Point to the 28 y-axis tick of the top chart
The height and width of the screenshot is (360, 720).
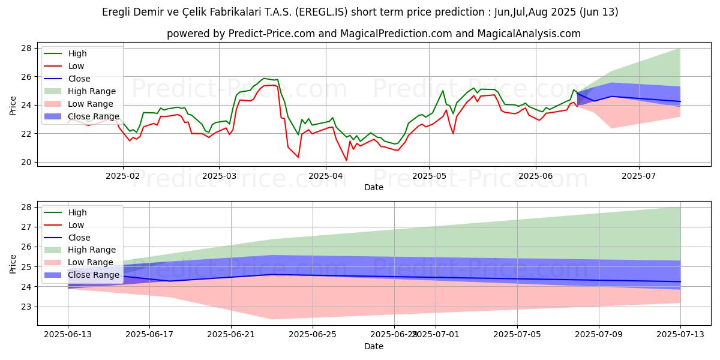coord(26,48)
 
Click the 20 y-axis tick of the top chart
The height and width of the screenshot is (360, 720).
coord(26,162)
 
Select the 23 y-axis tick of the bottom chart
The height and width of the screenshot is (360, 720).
coord(26,307)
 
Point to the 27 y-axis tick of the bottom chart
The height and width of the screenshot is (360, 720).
coord(26,227)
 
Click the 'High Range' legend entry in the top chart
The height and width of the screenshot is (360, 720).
coord(92,91)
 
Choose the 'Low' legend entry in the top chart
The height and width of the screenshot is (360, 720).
coord(76,66)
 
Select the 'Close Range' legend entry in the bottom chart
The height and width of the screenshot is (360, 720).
coord(94,275)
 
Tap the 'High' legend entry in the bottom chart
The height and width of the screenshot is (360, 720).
coord(77,212)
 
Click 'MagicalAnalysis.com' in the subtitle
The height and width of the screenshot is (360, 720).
coord(529,34)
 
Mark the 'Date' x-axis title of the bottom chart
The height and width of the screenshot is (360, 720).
coord(374,347)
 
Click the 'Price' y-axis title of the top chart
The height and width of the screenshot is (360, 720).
coord(13,105)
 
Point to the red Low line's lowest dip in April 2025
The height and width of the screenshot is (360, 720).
coord(346,160)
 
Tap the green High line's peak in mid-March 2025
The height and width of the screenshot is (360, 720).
coord(264,78)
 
